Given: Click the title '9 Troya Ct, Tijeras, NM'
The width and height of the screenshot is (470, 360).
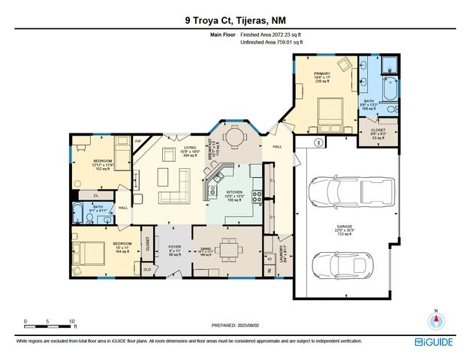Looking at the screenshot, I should (x=234, y=21).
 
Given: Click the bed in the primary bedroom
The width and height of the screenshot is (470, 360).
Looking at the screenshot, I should (x=329, y=113).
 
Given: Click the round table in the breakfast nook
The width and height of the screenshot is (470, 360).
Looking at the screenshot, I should (x=236, y=137).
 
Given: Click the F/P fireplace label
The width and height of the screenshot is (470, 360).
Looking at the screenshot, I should (x=138, y=140).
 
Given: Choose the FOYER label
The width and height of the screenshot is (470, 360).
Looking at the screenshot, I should (x=174, y=247).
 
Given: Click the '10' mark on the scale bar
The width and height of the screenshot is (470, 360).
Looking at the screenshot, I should (x=73, y=321).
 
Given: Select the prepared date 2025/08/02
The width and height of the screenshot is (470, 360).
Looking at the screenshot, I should (x=235, y=325).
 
